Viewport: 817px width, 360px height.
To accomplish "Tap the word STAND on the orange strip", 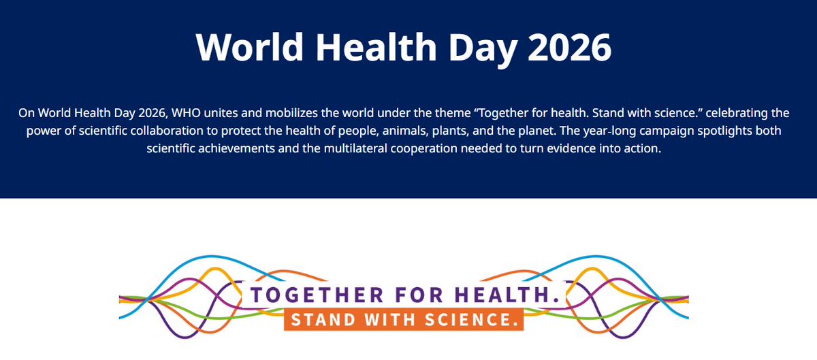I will (319, 319).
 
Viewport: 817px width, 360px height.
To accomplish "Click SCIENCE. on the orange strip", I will (469, 319).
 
